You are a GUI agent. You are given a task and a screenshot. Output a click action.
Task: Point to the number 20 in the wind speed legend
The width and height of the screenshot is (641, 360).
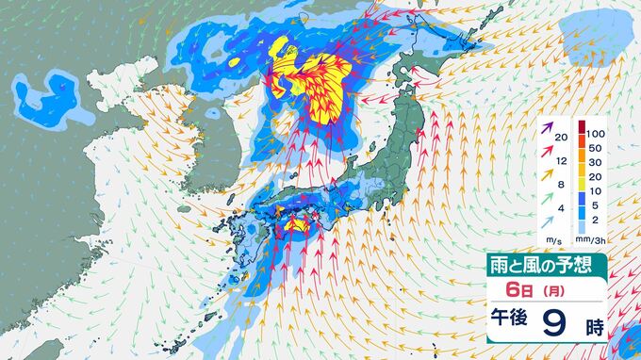click(x=562, y=139)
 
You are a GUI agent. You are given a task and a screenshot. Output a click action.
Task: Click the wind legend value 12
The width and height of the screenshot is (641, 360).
click(x=562, y=161)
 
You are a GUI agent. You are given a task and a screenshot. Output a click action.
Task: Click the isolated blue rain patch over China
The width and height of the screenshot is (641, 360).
click(x=45, y=97)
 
